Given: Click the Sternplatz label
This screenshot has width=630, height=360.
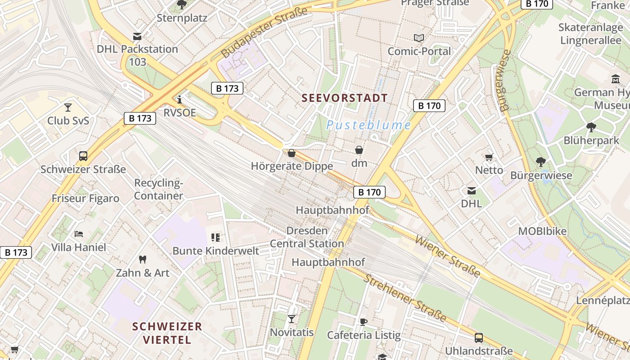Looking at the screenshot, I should (x=182, y=18).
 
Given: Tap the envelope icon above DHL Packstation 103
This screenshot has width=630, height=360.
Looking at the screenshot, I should (x=137, y=36).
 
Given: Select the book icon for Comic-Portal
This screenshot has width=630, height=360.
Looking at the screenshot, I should (x=419, y=38).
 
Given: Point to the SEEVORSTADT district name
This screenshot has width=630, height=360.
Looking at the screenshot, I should (x=344, y=98).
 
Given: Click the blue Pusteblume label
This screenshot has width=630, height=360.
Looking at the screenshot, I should (x=369, y=125).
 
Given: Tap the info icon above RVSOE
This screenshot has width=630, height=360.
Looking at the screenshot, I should (x=180, y=99).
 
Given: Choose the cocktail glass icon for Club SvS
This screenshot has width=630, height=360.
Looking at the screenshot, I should (x=68, y=107).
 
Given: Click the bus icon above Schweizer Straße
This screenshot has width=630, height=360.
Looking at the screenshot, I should (x=83, y=156).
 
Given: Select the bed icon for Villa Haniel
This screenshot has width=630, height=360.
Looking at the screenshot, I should (x=78, y=234).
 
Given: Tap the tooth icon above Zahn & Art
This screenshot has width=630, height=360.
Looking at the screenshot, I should (x=143, y=260).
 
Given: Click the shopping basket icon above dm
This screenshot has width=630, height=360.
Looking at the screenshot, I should (x=359, y=150).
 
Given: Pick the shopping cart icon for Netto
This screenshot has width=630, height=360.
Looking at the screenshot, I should (x=489, y=157).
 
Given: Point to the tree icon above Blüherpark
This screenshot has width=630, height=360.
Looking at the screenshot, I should (x=591, y=127).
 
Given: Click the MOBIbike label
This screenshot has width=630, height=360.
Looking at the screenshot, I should (x=542, y=231).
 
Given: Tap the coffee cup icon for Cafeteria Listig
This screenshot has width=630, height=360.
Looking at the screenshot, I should (x=364, y=322).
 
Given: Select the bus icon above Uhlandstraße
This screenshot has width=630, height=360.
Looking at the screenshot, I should (x=479, y=337).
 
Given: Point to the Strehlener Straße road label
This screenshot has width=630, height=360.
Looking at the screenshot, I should (x=405, y=298).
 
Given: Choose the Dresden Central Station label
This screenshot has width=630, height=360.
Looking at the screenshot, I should (x=307, y=237).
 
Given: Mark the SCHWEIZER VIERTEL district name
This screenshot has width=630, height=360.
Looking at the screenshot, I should (x=167, y=333).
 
